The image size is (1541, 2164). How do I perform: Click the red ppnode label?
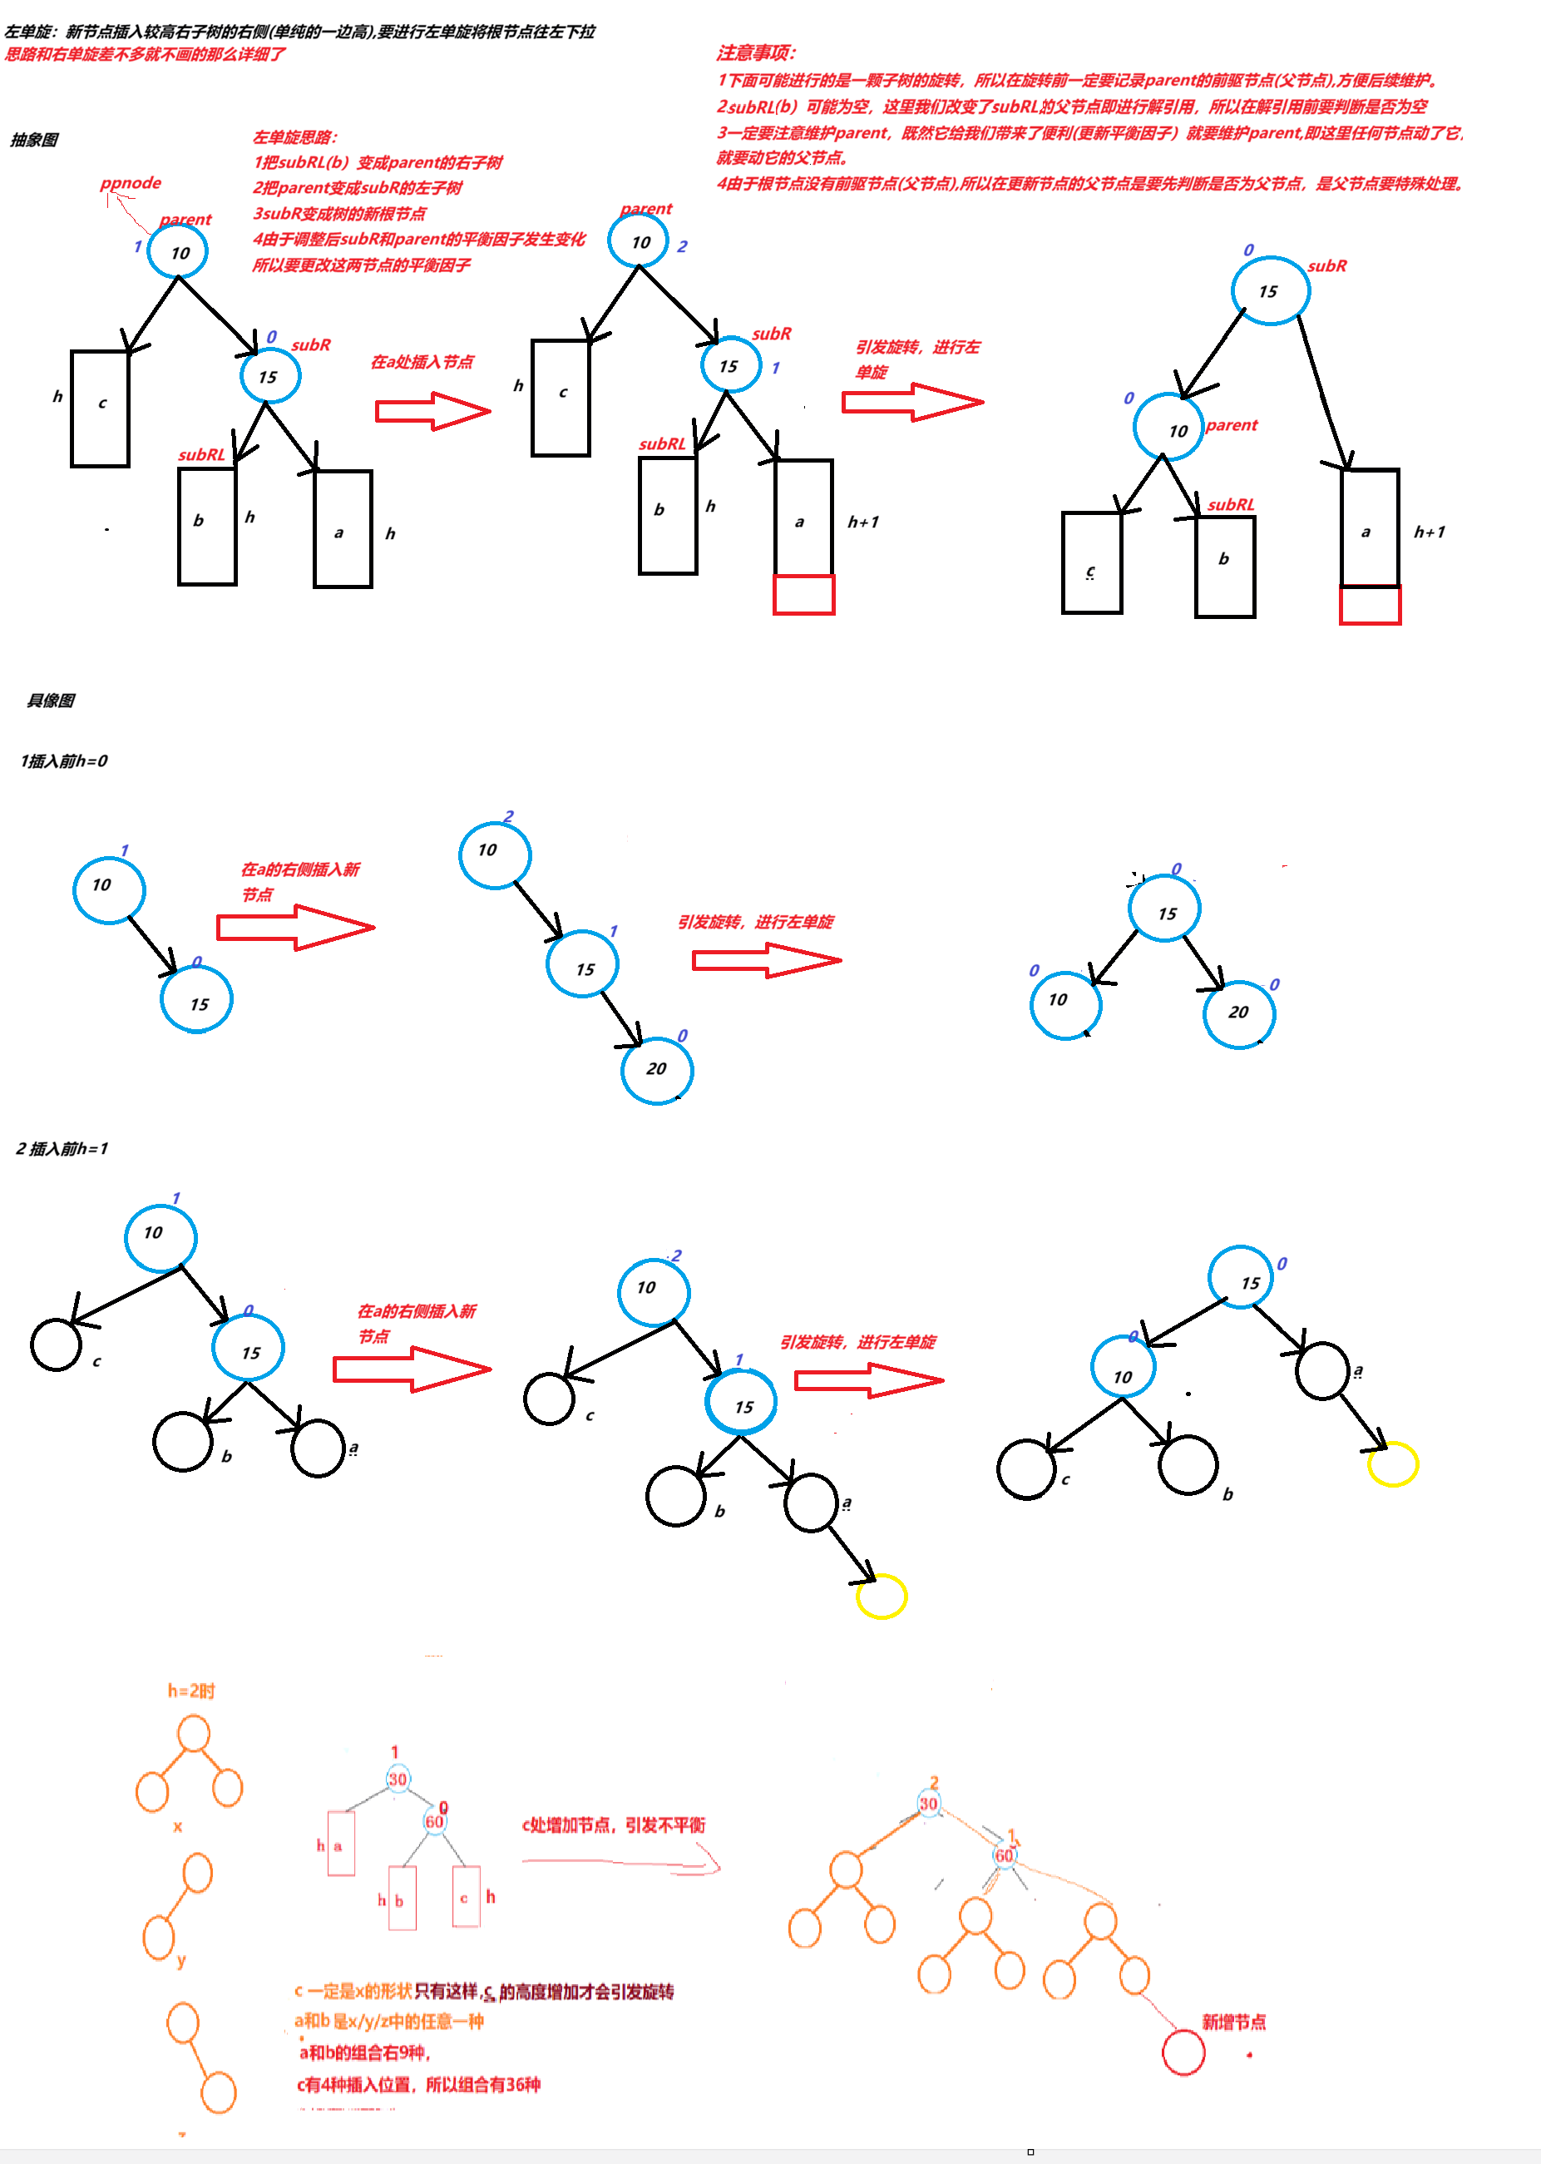click(131, 182)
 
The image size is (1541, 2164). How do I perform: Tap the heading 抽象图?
click(34, 140)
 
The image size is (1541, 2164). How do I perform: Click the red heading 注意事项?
click(755, 52)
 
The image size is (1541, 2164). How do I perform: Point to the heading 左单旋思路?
click(294, 136)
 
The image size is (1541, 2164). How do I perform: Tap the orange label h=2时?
click(190, 1691)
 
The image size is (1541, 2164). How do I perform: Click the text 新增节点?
click(1232, 2022)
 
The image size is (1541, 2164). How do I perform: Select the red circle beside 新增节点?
click(1183, 2052)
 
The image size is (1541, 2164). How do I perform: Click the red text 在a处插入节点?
click(422, 362)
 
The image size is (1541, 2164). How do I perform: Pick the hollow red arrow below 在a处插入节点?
click(432, 411)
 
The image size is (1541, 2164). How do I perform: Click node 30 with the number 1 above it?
click(398, 1780)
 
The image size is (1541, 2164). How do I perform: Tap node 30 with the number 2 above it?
click(928, 1804)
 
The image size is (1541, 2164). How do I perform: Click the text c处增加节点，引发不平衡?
click(613, 1825)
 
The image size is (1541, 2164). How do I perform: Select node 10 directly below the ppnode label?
click(179, 252)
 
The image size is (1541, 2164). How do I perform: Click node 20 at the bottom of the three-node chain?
click(657, 1069)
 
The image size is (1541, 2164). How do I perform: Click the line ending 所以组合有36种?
click(418, 2084)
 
